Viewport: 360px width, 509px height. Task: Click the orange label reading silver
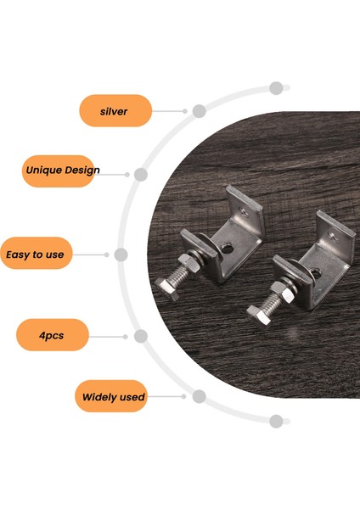pyautogui.click(x=115, y=110)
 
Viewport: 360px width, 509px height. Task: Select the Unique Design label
pyautogui.click(x=61, y=170)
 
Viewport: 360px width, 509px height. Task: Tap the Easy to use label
pyautogui.click(x=35, y=254)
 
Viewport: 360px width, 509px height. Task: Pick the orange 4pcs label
pyautogui.click(x=52, y=336)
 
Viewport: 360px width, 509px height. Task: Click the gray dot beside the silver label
pyautogui.click(x=199, y=110)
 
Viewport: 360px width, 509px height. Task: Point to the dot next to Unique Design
pyautogui.click(x=141, y=175)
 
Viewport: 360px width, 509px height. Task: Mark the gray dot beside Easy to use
pyautogui.click(x=121, y=254)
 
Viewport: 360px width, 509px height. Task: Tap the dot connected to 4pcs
pyautogui.click(x=141, y=336)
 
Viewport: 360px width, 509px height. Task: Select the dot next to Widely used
pyautogui.click(x=199, y=396)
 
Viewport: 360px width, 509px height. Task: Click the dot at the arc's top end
pyautogui.click(x=275, y=87)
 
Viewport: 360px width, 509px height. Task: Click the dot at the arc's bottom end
pyautogui.click(x=275, y=421)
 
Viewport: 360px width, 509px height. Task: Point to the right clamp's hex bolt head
pyautogui.click(x=256, y=316)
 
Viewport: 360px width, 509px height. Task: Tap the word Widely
pyautogui.click(x=99, y=396)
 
